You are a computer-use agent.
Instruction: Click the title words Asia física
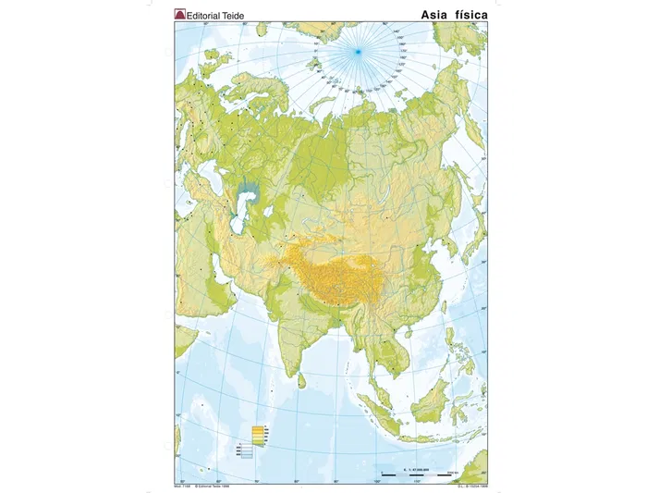(452, 15)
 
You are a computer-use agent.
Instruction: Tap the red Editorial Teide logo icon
(180, 16)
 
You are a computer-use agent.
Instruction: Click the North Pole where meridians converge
(357, 53)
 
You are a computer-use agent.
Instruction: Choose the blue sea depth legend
(260, 452)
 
